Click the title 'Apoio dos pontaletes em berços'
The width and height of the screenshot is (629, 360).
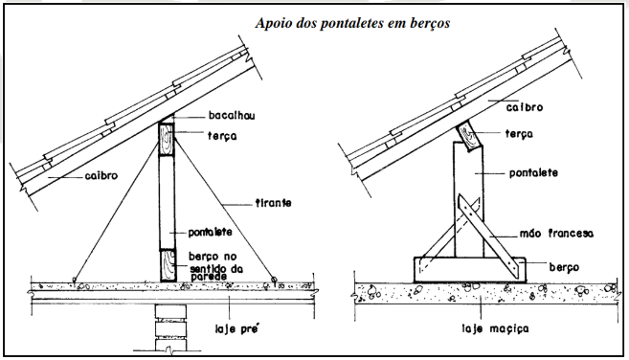(x=352, y=23)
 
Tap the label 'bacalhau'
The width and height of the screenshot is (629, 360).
(x=232, y=116)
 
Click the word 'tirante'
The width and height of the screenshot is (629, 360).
(x=273, y=203)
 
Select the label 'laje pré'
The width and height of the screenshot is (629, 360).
(x=237, y=329)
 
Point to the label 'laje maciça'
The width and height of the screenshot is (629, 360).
(x=495, y=328)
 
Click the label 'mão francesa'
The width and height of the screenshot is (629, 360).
(x=556, y=234)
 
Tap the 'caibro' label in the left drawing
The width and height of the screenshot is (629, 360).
(x=101, y=176)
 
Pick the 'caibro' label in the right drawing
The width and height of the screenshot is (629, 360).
(x=525, y=107)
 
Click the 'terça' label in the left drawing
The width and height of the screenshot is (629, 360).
(x=222, y=136)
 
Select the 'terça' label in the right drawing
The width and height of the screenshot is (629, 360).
(x=519, y=134)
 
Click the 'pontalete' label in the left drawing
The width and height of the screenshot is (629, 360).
(x=210, y=232)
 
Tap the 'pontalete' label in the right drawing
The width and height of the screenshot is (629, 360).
(x=533, y=173)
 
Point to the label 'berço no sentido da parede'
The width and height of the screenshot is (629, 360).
(x=215, y=266)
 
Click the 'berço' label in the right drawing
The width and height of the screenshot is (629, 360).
(x=564, y=267)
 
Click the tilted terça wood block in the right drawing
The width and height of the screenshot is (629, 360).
(x=469, y=136)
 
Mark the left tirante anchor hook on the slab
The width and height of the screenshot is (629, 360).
(x=75, y=280)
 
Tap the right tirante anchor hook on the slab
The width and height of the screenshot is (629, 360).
(x=274, y=280)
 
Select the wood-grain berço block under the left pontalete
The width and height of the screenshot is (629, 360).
(x=168, y=265)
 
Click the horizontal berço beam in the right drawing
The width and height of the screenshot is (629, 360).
(x=470, y=270)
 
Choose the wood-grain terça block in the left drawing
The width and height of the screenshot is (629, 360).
(x=167, y=139)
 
